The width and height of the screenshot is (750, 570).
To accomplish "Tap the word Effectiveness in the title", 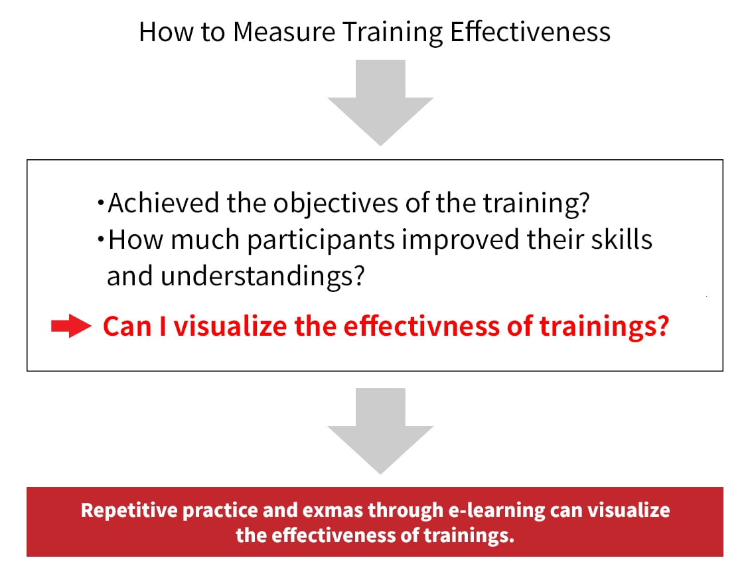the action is [x=530, y=32].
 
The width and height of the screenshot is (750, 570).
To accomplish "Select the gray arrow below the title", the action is [x=380, y=102].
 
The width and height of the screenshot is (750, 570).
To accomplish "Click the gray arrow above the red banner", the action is [x=380, y=431].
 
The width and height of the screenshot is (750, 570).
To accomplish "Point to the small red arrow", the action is [x=71, y=326].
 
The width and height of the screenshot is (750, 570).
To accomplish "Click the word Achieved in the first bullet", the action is [x=163, y=203].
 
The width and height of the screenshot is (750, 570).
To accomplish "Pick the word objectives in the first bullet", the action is [x=335, y=204].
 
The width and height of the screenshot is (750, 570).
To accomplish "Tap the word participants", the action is [x=321, y=240].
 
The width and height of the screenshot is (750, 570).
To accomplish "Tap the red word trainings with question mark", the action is [x=604, y=327].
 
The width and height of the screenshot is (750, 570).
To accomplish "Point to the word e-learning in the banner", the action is [x=496, y=511].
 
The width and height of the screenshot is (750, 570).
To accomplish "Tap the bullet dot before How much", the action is [x=100, y=239].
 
